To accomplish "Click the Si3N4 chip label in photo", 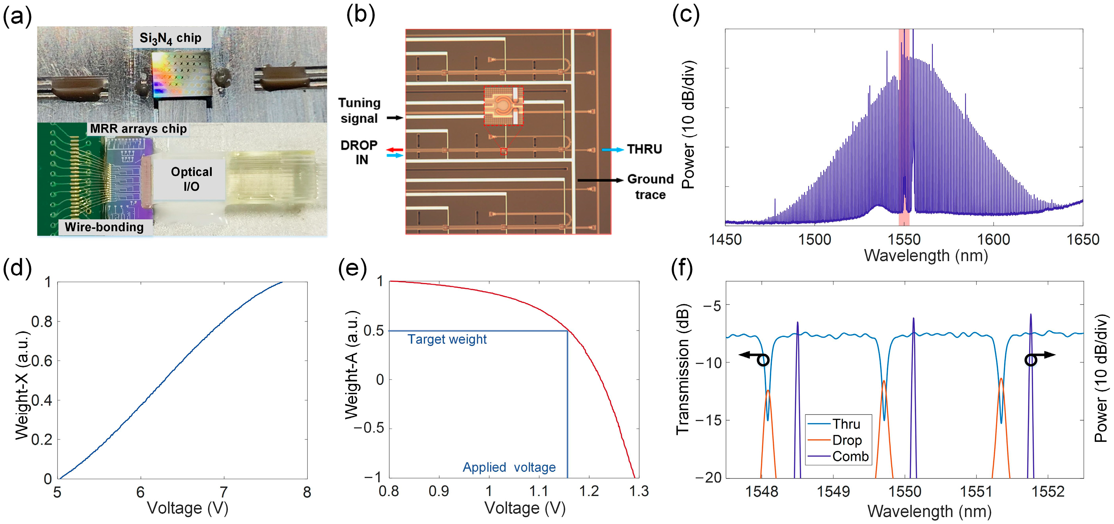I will tap(171, 38).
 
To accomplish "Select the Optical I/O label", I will tap(191, 179).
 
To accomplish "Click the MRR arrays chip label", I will tap(139, 129).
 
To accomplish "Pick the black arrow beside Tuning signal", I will tap(394, 118).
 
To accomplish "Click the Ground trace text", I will tap(650, 187).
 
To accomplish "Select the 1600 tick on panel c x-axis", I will tap(993, 239).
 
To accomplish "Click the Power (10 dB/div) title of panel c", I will tap(688, 125).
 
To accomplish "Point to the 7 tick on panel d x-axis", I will tap(223, 492).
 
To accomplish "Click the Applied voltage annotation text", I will tap(509, 467).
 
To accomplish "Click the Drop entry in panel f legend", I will tap(847, 440).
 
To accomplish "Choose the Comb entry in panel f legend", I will tap(850, 456).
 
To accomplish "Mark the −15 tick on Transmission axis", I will tap(709, 420).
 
